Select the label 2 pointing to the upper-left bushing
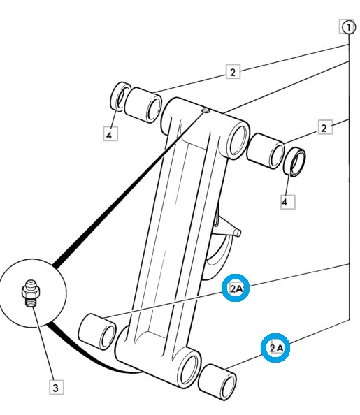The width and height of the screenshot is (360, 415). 233,71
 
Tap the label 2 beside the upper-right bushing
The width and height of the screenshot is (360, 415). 325,128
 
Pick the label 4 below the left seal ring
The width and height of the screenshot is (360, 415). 110,134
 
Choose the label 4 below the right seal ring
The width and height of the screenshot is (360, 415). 288,202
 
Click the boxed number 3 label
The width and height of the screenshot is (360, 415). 57,388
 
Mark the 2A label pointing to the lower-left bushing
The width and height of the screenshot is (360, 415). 236,289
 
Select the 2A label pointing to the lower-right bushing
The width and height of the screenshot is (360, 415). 275,348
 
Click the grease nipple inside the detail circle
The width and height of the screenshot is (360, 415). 31,293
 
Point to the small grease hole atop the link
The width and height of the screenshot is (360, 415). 206,110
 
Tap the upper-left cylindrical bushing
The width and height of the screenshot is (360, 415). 143,105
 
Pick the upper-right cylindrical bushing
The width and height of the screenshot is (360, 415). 266,151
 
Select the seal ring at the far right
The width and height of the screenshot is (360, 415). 294,163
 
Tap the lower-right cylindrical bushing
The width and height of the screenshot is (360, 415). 217,382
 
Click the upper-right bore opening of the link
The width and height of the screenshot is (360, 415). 238,140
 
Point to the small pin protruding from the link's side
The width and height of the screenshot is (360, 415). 236,233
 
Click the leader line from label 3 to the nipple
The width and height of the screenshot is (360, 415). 43,344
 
